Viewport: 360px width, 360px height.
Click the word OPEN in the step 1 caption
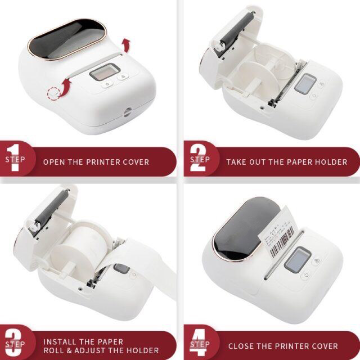tap(55, 162)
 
